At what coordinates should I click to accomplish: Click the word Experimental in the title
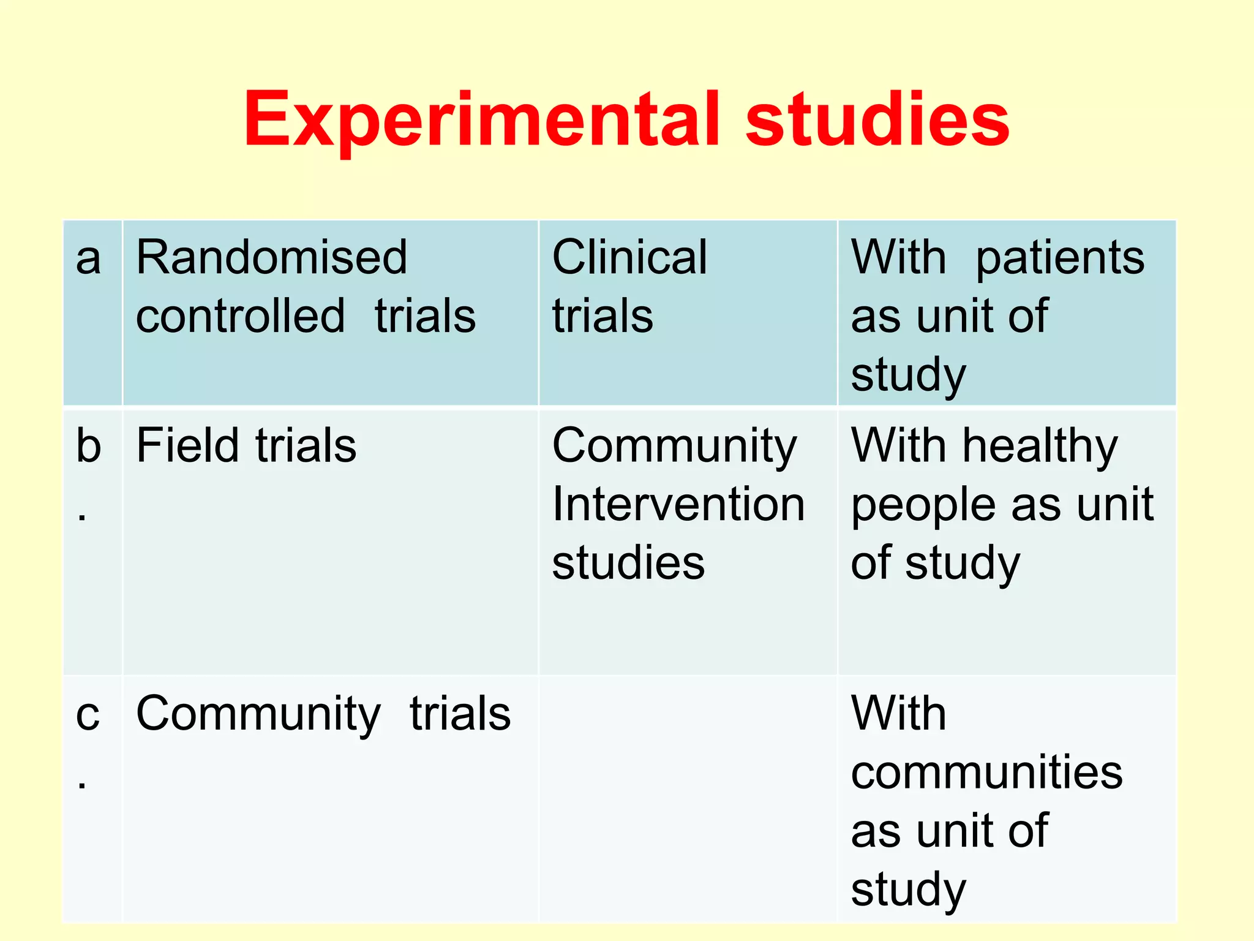pyautogui.click(x=481, y=121)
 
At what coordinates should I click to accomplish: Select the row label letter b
pyautogui.click(x=88, y=446)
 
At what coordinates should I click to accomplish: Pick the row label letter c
pyautogui.click(x=88, y=714)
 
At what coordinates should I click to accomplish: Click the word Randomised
pyautogui.click(x=271, y=257)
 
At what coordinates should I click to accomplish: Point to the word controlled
pyautogui.click(x=240, y=316)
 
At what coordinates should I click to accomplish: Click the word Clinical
pyautogui.click(x=629, y=257)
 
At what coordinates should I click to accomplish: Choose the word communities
pyautogui.click(x=986, y=773)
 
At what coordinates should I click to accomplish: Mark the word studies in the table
pyautogui.click(x=628, y=563)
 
